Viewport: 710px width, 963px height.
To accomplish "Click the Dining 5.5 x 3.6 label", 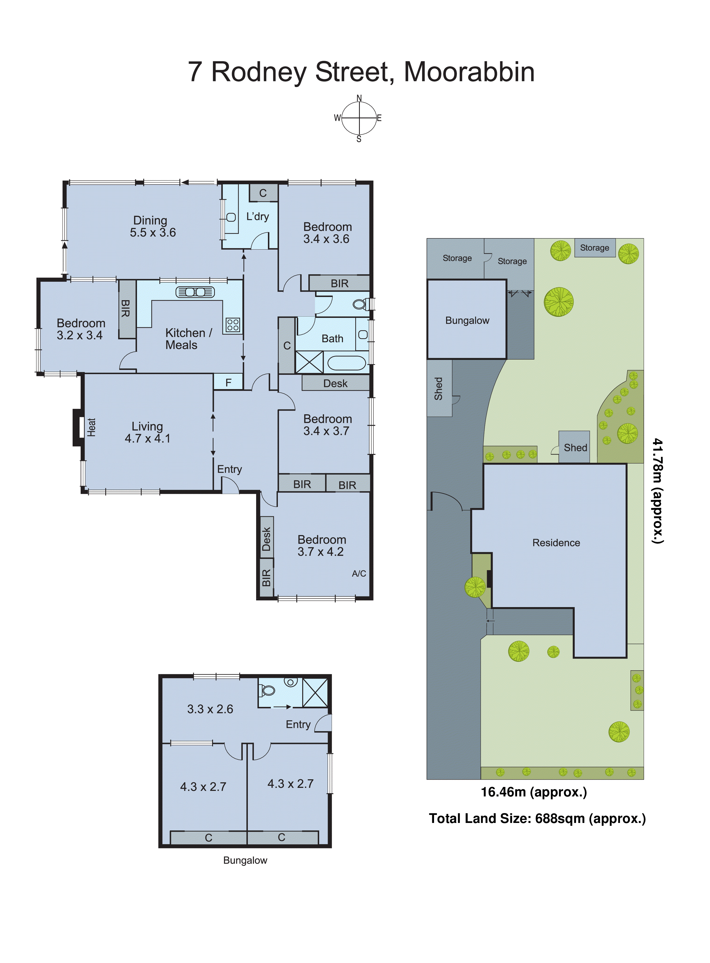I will [x=152, y=226].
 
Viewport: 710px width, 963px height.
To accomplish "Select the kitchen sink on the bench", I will [x=195, y=292].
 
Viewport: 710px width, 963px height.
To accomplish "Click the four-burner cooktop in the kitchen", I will [x=233, y=324].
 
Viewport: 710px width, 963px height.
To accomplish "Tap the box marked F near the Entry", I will [x=228, y=382].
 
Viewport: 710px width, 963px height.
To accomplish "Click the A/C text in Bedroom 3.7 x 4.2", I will [x=359, y=573].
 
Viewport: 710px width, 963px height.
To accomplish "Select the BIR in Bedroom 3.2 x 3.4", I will [x=126, y=309].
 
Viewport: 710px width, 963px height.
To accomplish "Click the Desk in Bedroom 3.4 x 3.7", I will [x=335, y=383].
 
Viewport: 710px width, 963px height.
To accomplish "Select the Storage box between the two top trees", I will [x=594, y=248].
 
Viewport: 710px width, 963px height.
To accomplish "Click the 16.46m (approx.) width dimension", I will [x=533, y=792].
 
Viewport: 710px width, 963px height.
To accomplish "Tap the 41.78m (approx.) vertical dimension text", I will [x=657, y=491].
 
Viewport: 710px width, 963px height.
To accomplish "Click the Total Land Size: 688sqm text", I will [x=537, y=818].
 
